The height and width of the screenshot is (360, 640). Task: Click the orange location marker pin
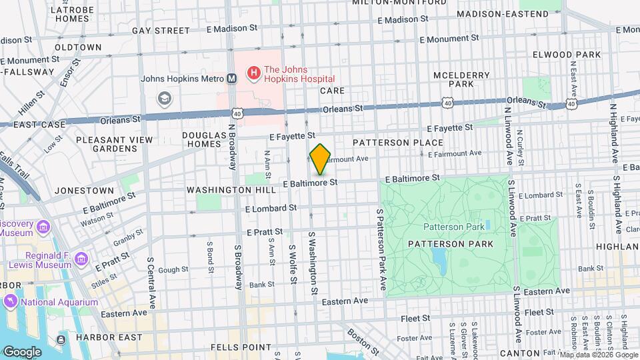(x=320, y=160)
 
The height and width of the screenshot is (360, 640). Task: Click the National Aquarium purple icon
(x=11, y=302)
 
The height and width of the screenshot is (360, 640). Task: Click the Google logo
(x=22, y=351)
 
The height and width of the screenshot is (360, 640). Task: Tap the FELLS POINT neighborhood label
(x=240, y=347)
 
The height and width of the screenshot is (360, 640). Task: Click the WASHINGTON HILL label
(x=231, y=190)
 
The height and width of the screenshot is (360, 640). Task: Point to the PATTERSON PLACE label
(x=398, y=143)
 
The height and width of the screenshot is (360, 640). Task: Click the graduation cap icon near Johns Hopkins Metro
(x=163, y=99)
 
